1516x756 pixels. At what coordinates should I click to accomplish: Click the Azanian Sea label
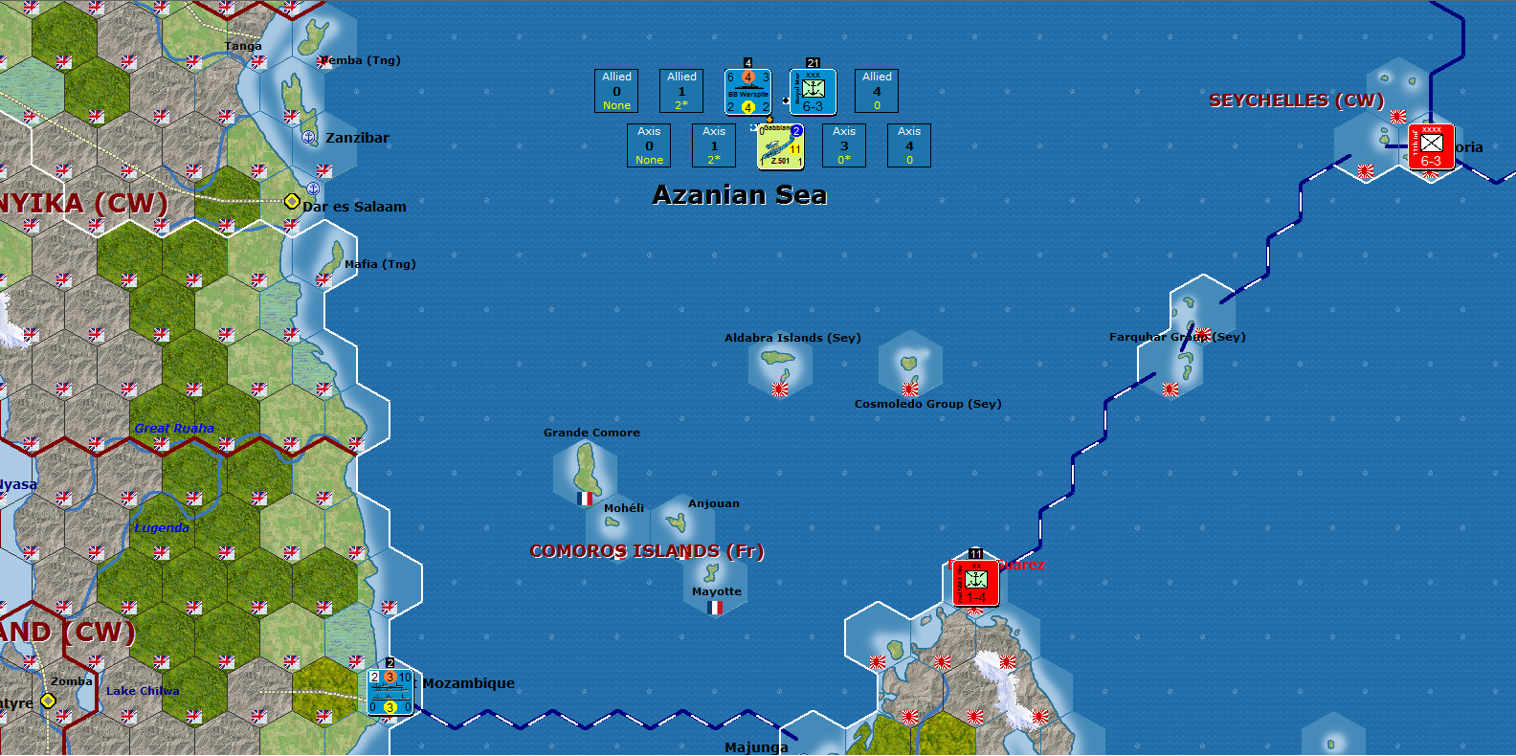(739, 195)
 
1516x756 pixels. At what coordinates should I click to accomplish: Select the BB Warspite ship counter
(747, 92)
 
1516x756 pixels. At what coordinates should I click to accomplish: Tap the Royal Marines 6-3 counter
(813, 92)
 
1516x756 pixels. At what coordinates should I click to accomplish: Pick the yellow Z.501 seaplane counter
(780, 147)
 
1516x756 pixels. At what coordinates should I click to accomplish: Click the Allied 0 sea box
(616, 91)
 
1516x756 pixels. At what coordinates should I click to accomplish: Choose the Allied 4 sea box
(877, 91)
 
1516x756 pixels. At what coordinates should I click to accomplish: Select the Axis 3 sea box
(844, 145)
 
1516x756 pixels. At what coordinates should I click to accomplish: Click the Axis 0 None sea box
(649, 145)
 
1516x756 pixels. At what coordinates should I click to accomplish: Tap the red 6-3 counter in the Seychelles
(1431, 146)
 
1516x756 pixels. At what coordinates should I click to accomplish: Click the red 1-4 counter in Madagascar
(975, 583)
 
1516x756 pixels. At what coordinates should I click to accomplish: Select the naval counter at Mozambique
(390, 691)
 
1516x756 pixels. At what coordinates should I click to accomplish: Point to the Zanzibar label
(357, 138)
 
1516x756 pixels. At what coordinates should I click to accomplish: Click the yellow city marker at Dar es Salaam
(292, 201)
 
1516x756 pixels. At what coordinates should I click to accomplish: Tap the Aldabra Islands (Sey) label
(792, 338)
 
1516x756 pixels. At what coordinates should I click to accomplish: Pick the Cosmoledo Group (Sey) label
(927, 404)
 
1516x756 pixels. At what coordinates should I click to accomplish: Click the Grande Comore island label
(591, 433)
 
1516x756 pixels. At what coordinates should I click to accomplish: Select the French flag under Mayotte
(715, 608)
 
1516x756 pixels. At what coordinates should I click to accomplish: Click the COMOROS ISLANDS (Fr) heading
(647, 551)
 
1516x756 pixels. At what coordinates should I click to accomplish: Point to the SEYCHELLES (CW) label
(1296, 100)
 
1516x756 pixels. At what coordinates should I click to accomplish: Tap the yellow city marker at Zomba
(48, 700)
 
